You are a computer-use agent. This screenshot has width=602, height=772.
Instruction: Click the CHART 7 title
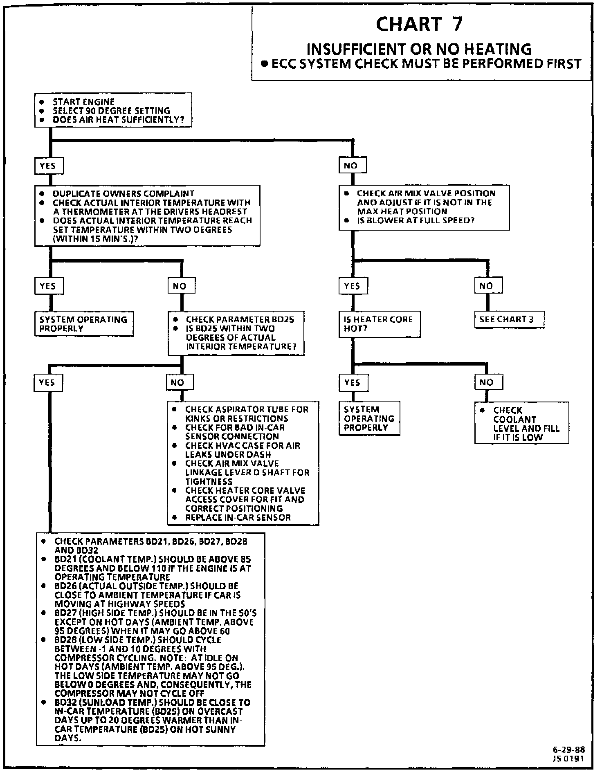(x=419, y=25)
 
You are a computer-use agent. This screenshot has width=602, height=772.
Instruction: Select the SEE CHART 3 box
(x=509, y=320)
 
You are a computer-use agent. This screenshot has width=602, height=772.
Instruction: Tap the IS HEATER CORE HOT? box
(x=379, y=324)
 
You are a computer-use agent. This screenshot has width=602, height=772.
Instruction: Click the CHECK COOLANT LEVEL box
(x=521, y=423)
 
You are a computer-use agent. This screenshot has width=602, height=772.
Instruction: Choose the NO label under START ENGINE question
(x=352, y=166)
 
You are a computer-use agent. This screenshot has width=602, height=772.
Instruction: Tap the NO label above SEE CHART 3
(x=488, y=286)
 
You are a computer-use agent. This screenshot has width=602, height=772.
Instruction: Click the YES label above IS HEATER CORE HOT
(x=353, y=286)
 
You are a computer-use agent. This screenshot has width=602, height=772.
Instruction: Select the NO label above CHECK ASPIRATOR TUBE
(x=179, y=383)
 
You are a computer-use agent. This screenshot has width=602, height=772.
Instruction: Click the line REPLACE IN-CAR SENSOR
(x=238, y=518)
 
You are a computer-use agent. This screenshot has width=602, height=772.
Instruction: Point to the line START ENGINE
(x=83, y=102)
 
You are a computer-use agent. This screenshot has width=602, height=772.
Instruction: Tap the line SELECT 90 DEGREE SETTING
(x=111, y=111)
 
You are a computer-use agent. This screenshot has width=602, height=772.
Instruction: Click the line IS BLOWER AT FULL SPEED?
(x=416, y=220)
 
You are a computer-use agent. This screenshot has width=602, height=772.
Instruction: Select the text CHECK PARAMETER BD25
(x=240, y=320)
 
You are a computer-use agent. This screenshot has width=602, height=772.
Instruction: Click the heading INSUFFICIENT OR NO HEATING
(x=419, y=49)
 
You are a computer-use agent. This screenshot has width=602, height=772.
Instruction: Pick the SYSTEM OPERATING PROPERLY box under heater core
(x=369, y=418)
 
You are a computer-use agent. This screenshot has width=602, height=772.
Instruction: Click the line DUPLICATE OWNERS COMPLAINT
(x=124, y=194)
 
